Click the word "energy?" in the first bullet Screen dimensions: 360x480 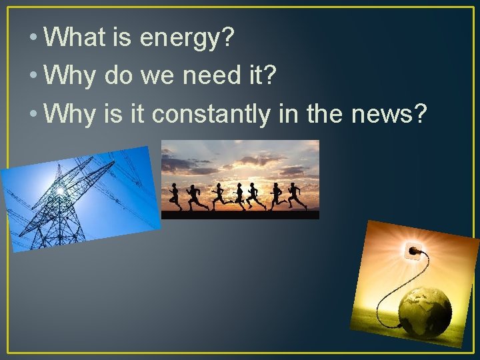click(187, 39)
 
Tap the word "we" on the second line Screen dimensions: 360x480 click(157, 76)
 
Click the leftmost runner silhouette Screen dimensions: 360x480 click(175, 196)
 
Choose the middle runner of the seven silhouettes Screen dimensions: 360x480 click(235, 195)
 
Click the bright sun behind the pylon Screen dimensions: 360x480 click(61, 191)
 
